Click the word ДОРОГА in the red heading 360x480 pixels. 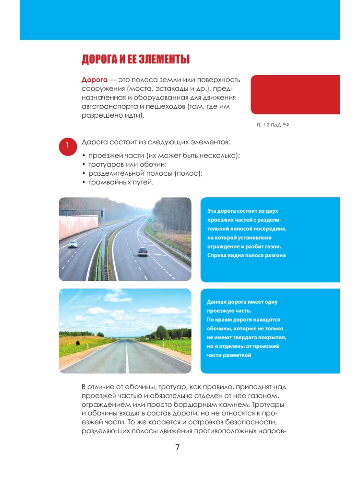pos(100,60)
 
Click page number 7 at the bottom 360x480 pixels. pos(178,448)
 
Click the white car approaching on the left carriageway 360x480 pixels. pos(73,244)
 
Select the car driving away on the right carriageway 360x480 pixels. pos(142,252)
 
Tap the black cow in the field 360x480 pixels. pos(77,344)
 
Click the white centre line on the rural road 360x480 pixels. pos(127,356)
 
